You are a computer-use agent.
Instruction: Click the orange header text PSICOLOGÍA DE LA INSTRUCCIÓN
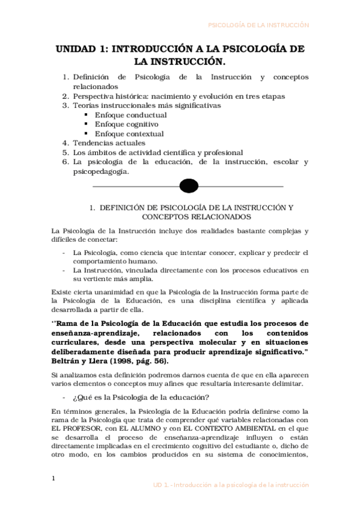(x=258, y=25)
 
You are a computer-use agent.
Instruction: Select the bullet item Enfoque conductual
(x=123, y=114)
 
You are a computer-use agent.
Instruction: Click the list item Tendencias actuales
(x=109, y=143)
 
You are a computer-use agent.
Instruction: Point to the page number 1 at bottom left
(x=53, y=479)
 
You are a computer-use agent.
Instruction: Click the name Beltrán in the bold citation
(x=67, y=361)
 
